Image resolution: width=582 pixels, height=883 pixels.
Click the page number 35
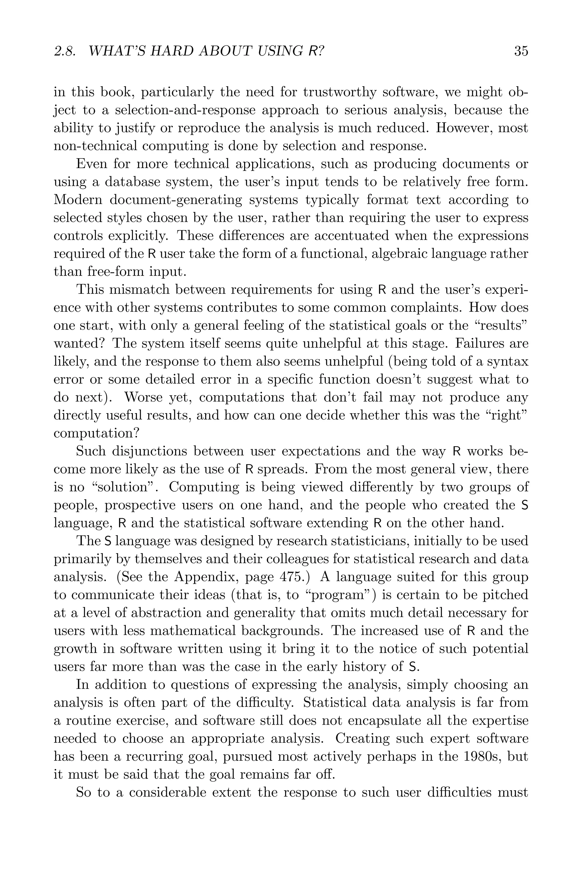coord(521,51)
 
